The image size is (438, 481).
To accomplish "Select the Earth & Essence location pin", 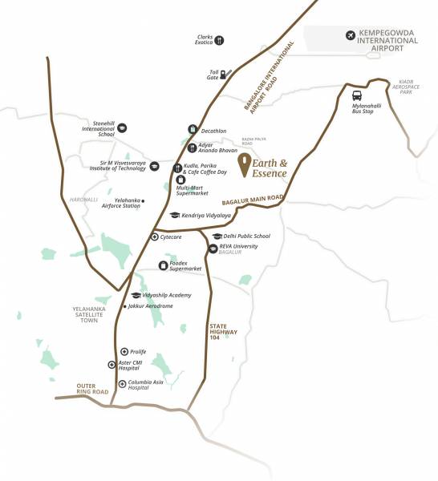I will (245, 164).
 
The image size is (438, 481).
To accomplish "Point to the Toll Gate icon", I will (226, 71).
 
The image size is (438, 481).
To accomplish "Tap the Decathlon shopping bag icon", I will (193, 130).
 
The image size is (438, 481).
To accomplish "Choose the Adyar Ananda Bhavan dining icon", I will (192, 147).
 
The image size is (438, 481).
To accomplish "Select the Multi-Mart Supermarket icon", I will (180, 180).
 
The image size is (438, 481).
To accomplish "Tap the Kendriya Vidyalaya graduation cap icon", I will (174, 216).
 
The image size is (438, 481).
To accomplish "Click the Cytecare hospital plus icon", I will (155, 237).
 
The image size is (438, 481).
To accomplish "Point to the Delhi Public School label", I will (245, 236).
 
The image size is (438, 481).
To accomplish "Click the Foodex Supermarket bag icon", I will (163, 265).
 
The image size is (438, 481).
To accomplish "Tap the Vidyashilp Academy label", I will (167, 296).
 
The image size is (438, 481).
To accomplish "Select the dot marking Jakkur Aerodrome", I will (124, 306).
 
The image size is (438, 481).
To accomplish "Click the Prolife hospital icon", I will (124, 352).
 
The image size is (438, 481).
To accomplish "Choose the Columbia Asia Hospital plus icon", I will (121, 384).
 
